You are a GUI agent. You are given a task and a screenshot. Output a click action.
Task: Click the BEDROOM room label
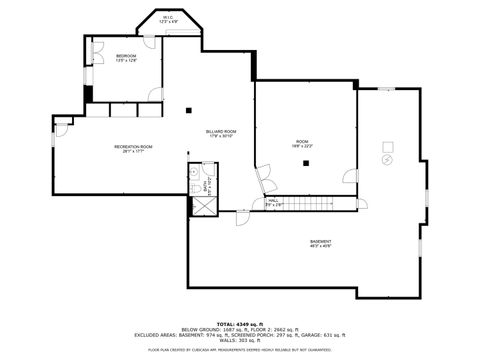tap(126, 56)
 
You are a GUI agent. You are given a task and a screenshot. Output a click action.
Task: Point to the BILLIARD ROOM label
tap(221, 131)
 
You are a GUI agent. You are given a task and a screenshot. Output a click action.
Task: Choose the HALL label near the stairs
tap(273, 201)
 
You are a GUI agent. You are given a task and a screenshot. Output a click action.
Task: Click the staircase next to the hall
tap(315, 204)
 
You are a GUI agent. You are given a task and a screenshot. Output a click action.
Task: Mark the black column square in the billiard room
tap(188, 109)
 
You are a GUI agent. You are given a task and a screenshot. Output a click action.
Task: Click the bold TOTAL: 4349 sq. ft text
tap(240, 324)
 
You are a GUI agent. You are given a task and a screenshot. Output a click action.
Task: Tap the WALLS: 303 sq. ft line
tap(240, 340)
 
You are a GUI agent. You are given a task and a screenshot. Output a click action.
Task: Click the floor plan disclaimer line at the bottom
tap(240, 350)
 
